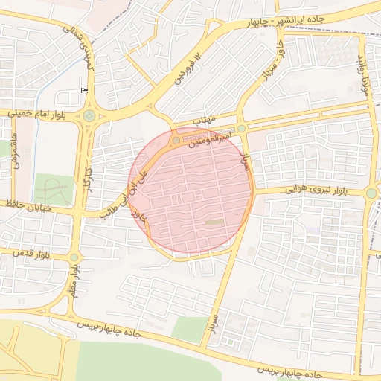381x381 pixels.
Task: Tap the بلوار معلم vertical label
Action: (73, 286)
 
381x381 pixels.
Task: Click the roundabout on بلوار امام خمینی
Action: (89, 115)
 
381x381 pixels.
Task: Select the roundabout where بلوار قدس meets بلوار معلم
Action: (74, 257)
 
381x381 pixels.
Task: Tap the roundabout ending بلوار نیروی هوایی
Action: (371, 193)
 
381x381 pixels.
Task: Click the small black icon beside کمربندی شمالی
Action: (83, 90)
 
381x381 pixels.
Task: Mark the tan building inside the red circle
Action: (214, 222)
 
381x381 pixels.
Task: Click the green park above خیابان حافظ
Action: (54, 189)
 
